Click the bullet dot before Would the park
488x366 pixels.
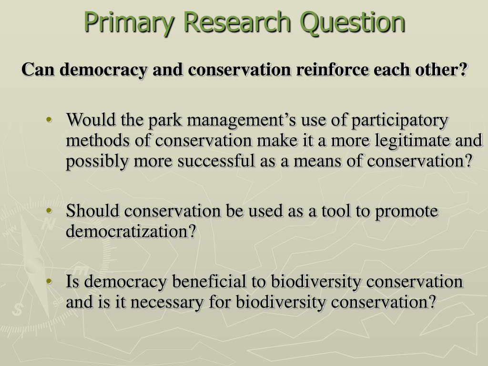(50, 120)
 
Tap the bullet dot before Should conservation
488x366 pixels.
(50, 211)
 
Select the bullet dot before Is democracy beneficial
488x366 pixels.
(50, 282)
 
